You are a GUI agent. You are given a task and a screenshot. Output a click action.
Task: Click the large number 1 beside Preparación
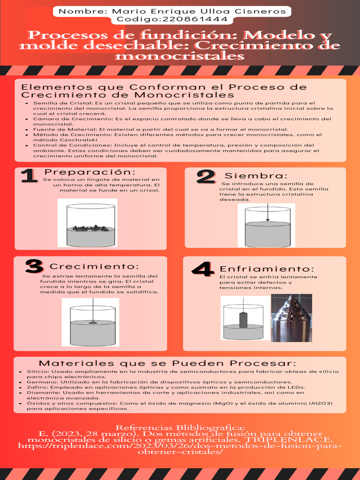click(29, 176)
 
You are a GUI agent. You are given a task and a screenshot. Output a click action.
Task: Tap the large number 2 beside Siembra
click(206, 177)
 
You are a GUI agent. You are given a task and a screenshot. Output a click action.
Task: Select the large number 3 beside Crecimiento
click(34, 266)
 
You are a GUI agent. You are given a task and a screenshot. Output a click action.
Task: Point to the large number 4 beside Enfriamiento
click(202, 269)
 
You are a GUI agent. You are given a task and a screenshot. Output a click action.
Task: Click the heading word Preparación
click(90, 172)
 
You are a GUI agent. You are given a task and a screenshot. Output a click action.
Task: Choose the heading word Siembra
click(256, 176)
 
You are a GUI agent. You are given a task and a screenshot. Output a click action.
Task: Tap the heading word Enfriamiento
click(267, 269)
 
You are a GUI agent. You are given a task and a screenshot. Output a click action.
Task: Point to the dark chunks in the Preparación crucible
click(90, 228)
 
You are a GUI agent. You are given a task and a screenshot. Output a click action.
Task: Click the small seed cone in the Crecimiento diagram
click(93, 322)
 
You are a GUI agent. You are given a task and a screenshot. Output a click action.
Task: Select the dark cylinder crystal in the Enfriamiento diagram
click(243, 320)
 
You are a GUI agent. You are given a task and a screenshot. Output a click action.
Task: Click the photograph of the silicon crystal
click(292, 318)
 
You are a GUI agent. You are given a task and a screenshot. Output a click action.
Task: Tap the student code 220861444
click(195, 19)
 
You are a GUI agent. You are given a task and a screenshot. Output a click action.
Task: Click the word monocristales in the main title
click(180, 56)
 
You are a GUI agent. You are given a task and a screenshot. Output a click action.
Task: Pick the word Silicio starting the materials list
click(35, 371)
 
